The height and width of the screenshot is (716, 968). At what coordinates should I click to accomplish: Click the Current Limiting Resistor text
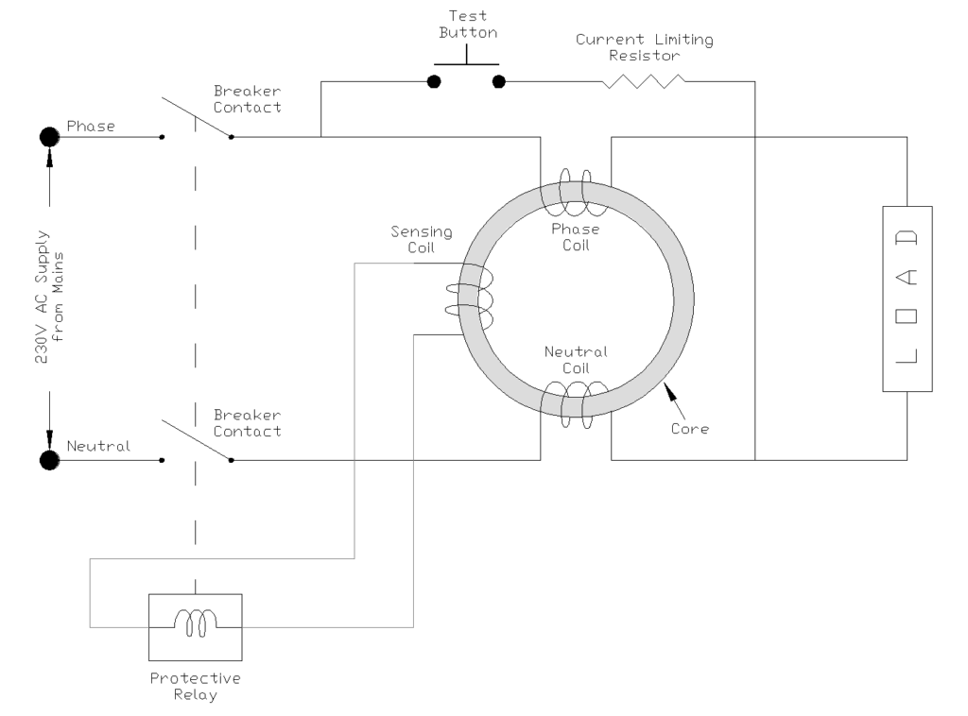click(645, 48)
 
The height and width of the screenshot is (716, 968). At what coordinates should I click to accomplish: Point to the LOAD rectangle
click(907, 298)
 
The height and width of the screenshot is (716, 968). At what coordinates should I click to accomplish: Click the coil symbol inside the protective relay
click(195, 622)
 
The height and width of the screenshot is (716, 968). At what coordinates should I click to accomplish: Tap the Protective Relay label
click(195, 687)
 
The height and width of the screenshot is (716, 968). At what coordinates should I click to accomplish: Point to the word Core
click(691, 428)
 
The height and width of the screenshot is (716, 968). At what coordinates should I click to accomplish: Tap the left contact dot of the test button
click(434, 82)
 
